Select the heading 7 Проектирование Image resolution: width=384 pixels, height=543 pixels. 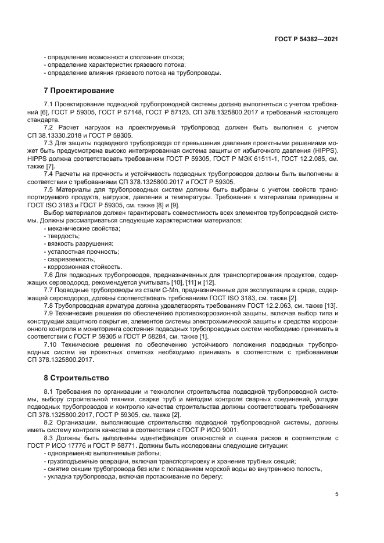pos(79,91)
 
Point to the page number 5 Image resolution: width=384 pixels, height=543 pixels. pos(336,494)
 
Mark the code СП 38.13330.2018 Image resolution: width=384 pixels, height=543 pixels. pos(69,135)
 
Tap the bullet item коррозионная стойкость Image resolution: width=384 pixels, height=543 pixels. pos(82,267)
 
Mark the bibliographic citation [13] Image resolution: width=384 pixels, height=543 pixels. pos(331,305)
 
